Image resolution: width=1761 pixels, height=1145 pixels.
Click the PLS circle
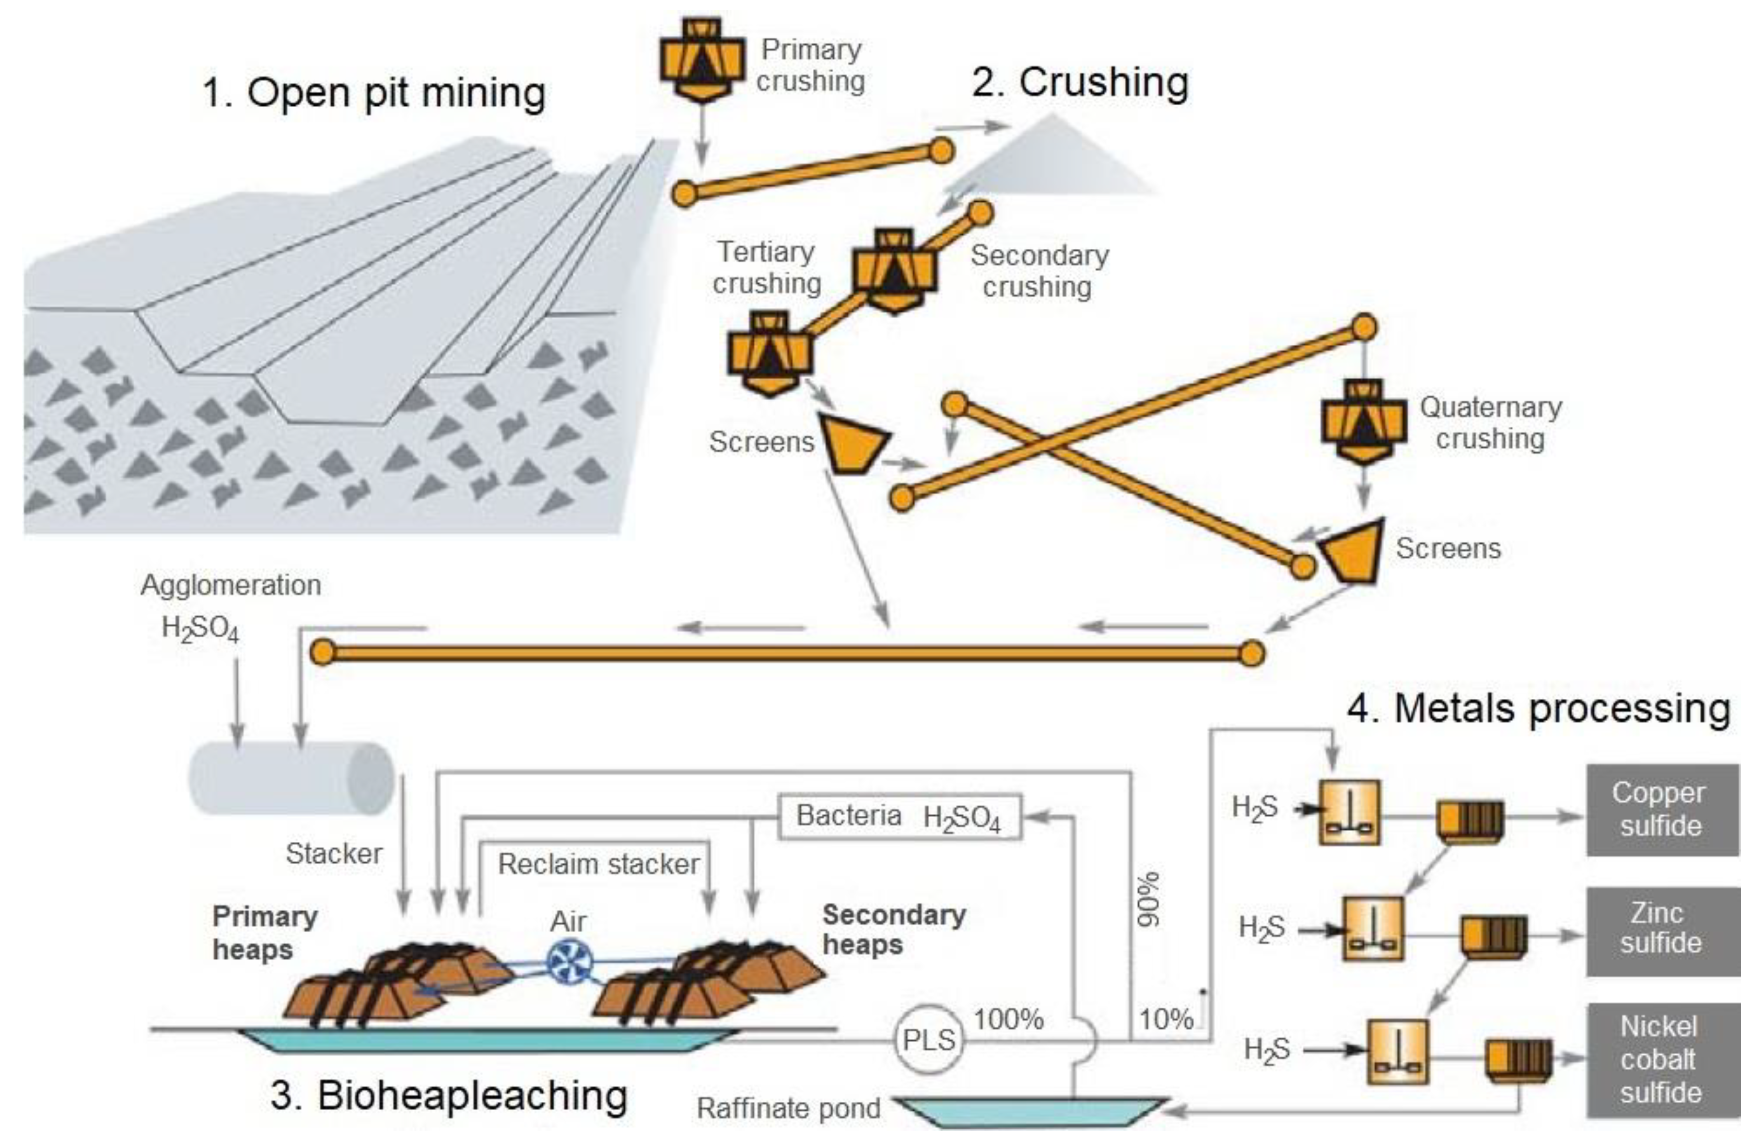[929, 1039]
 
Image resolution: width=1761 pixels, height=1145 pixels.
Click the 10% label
[1165, 1020]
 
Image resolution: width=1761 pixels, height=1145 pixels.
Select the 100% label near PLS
[1008, 1019]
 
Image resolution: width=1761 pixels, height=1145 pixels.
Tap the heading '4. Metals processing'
[1537, 709]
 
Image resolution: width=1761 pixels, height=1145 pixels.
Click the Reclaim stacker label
[598, 864]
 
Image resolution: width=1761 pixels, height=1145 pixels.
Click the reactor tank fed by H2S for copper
[1350, 812]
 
